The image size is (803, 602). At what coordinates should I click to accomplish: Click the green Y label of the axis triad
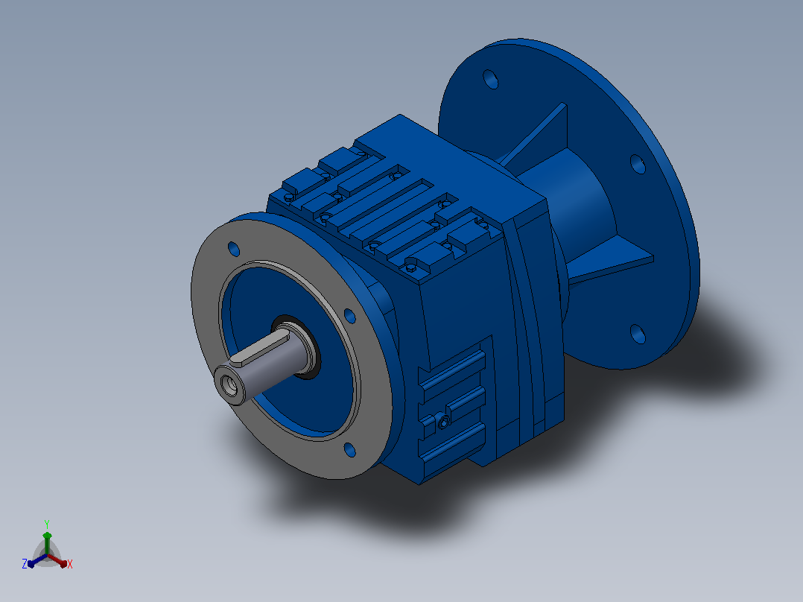click(x=47, y=524)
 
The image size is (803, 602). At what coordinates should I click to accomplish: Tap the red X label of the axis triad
click(x=70, y=564)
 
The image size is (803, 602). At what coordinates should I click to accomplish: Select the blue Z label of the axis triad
click(x=25, y=563)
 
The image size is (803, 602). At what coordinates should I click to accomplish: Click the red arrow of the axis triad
click(x=57, y=560)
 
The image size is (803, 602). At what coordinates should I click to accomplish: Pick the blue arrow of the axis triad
click(x=37, y=560)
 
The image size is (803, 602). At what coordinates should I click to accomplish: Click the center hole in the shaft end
click(x=229, y=385)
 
